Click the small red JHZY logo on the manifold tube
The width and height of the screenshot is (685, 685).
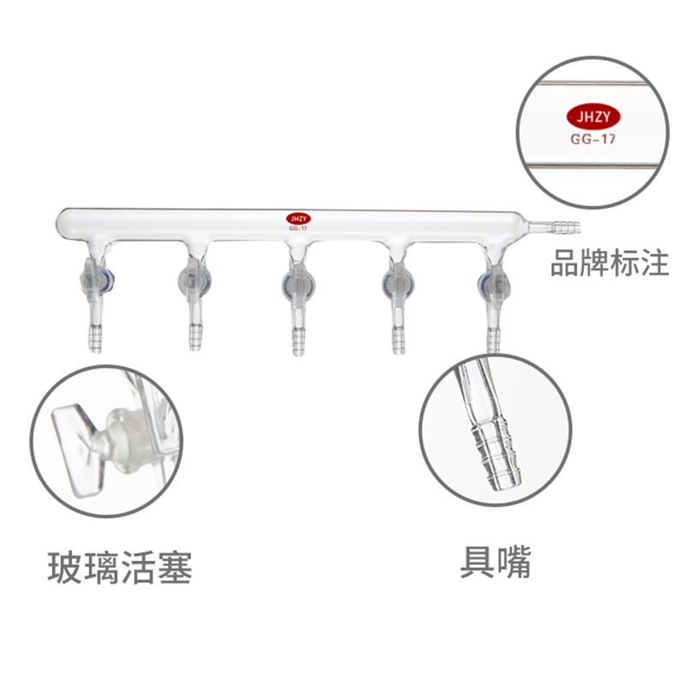(x=296, y=219)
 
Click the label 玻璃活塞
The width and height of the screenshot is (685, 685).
(x=120, y=567)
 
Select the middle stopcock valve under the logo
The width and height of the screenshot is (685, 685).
(x=296, y=278)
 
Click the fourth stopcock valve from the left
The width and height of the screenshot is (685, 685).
(x=398, y=277)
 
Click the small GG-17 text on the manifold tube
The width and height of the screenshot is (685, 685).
(x=296, y=229)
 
